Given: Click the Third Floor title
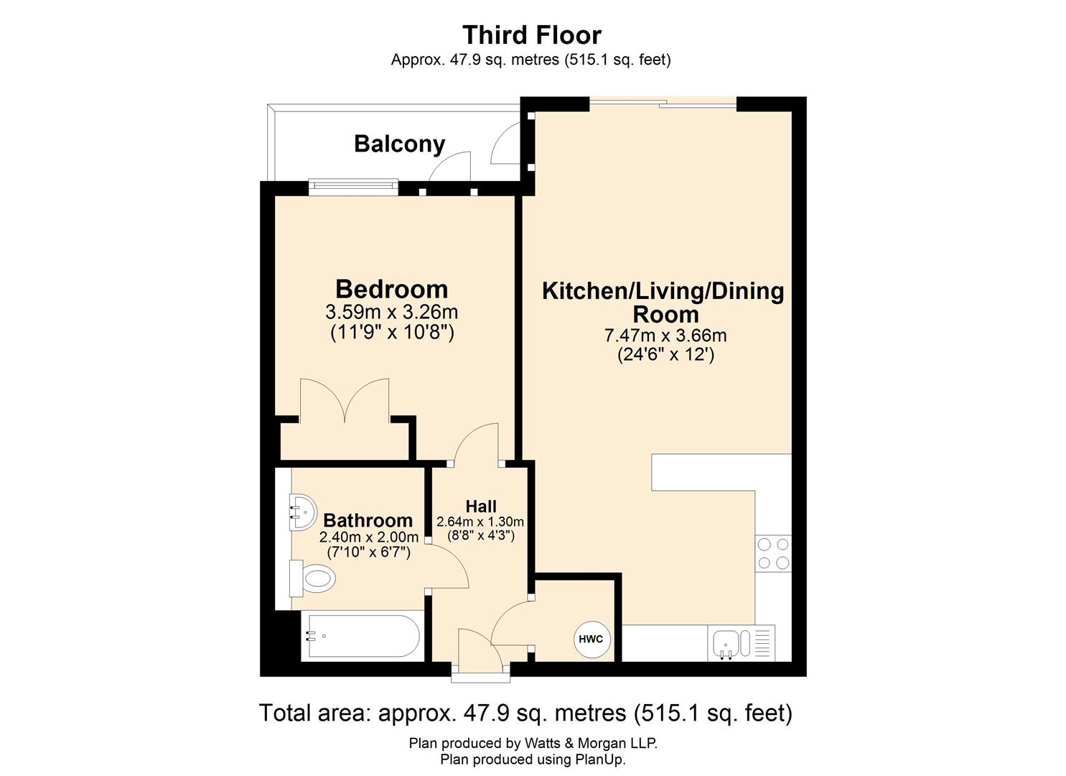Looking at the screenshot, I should (532, 34).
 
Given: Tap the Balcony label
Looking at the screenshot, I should (399, 144).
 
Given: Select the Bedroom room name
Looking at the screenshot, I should (391, 289).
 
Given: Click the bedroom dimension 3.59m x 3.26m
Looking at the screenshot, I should (391, 313).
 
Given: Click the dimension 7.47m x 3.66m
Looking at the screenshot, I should (665, 336).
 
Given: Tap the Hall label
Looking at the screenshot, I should (481, 506).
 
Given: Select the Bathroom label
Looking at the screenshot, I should (368, 520).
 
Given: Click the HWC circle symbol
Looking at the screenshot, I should (590, 639).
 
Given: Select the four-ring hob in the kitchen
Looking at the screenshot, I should (773, 553).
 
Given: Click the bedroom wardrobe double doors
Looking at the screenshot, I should (345, 402).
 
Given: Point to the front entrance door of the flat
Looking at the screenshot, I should (480, 654).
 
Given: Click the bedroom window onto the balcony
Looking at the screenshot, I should (352, 187).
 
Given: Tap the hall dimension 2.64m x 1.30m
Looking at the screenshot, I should (480, 522).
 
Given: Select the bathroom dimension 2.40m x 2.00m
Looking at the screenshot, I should (368, 537).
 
